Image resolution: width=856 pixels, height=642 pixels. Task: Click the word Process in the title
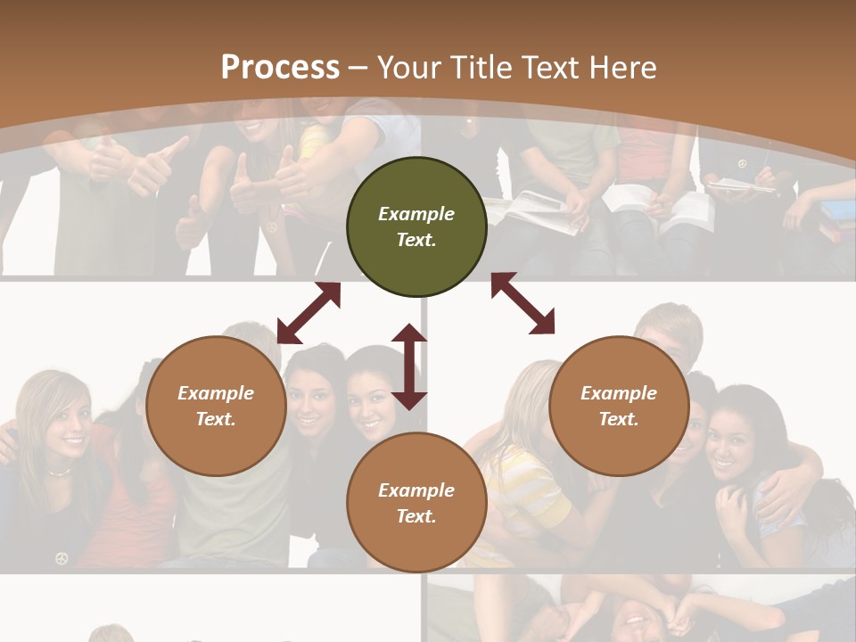tap(280, 67)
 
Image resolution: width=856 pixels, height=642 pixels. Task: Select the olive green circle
tap(416, 226)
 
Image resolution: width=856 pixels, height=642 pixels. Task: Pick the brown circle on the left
tap(216, 406)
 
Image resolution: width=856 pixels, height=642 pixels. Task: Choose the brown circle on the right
tap(619, 406)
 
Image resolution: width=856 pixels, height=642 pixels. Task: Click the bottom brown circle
tap(416, 502)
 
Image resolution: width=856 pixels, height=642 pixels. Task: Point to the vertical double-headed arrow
tap(409, 366)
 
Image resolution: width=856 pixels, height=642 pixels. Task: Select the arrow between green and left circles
tap(309, 313)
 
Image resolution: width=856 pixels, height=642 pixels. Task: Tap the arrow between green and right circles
tap(523, 303)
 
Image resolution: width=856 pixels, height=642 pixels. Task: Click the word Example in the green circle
tap(416, 214)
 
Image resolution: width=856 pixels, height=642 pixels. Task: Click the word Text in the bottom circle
tap(414, 516)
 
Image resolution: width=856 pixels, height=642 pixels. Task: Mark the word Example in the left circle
tap(216, 393)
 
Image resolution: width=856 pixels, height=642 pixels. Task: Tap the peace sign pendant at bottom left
tap(62, 558)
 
